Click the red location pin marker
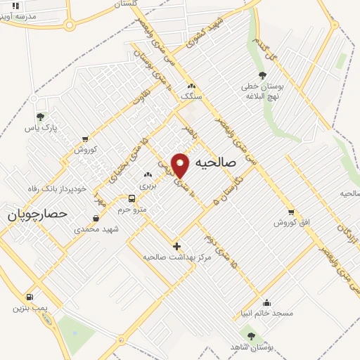(181, 165)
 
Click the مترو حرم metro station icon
(131, 198)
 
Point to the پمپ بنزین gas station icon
(30, 297)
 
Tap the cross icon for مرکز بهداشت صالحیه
(176, 246)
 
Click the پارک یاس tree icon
(40, 117)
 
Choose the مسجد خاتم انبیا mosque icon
(266, 302)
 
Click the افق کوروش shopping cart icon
(290, 212)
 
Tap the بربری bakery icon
(148, 174)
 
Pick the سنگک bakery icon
(191, 86)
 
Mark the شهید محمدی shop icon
(96, 218)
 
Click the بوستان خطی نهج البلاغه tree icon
(262, 75)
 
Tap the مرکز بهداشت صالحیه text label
(177, 257)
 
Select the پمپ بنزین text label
(29, 307)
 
